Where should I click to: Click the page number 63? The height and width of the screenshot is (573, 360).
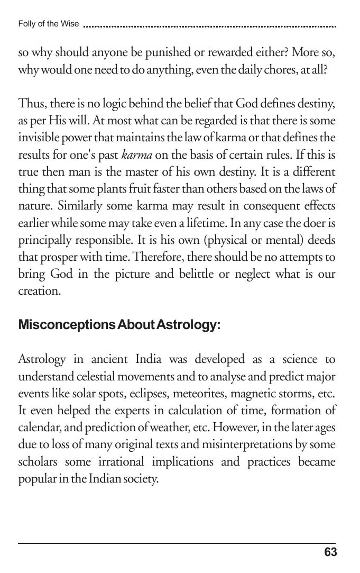330,552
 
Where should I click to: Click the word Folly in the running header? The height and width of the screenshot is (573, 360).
26,24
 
